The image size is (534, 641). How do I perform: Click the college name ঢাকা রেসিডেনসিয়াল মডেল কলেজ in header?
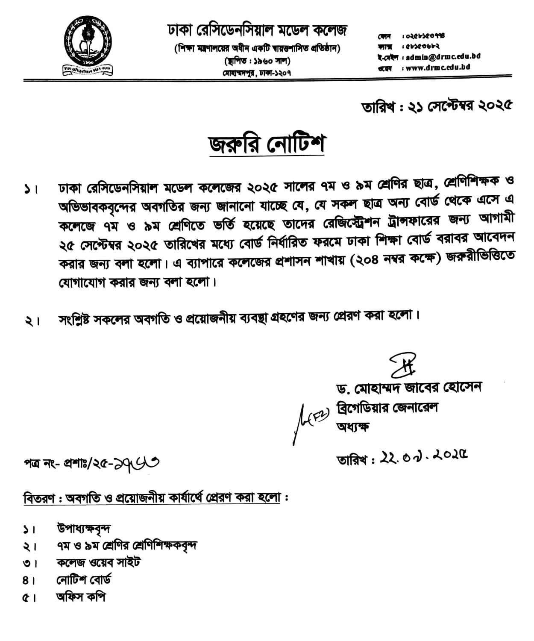257,30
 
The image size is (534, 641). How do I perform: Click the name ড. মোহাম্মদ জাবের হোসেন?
409,388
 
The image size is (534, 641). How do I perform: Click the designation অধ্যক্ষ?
353,426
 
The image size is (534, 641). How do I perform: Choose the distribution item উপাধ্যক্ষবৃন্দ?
84,529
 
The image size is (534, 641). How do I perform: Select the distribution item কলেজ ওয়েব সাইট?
99,562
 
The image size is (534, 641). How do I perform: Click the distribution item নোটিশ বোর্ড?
84,580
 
